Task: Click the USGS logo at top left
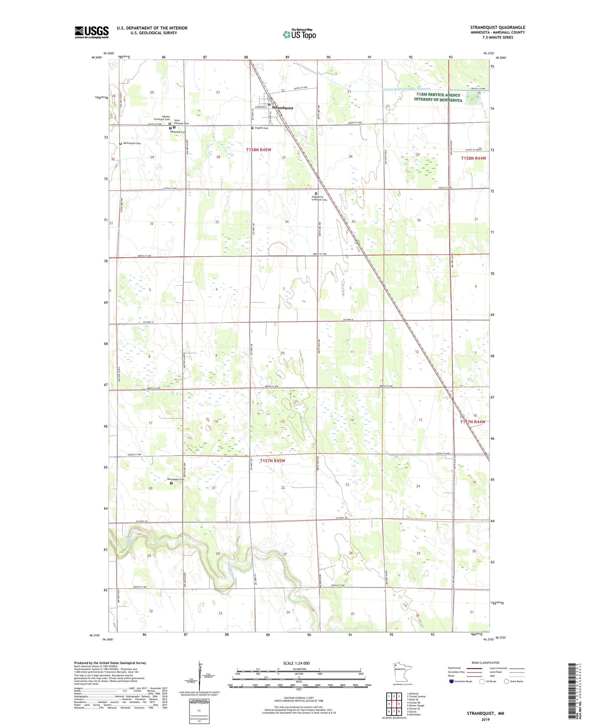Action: (x=91, y=32)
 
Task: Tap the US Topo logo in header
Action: (x=299, y=34)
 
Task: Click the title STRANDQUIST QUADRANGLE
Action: (x=497, y=28)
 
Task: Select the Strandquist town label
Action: (x=282, y=108)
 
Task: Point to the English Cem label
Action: (x=261, y=128)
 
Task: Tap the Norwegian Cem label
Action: (x=175, y=479)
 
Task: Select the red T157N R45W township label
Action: (x=272, y=461)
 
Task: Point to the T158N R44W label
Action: (x=473, y=158)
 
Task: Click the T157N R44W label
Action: (x=472, y=422)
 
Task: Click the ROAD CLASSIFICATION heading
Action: (x=485, y=663)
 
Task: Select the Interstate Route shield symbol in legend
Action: (x=452, y=681)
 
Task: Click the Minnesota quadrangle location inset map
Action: (x=402, y=672)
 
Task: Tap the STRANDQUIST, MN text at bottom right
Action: (x=485, y=713)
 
